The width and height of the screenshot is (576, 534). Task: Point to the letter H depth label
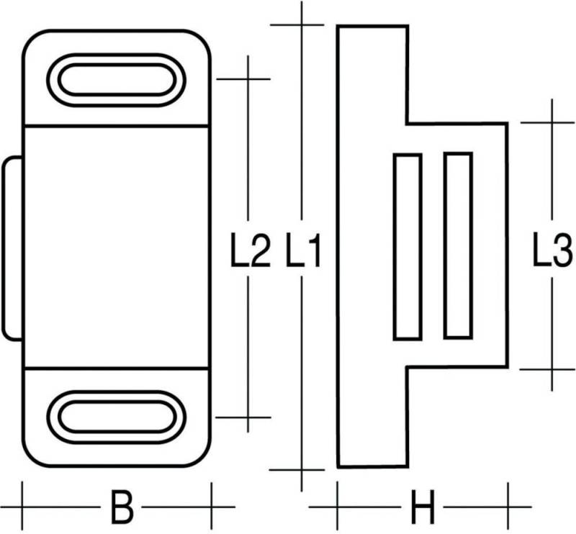423,508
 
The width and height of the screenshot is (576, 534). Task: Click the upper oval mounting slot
116,78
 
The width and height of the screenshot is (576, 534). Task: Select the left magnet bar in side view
407,246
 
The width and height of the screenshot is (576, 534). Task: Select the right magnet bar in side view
458,246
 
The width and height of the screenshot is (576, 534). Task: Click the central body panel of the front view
116,247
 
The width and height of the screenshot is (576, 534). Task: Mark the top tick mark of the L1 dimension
302,25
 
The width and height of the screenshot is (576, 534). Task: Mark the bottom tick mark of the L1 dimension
302,469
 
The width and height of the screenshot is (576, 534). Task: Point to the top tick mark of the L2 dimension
248,78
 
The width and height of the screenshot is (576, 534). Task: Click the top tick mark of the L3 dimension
552,122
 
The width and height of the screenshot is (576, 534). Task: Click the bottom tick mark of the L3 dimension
552,369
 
